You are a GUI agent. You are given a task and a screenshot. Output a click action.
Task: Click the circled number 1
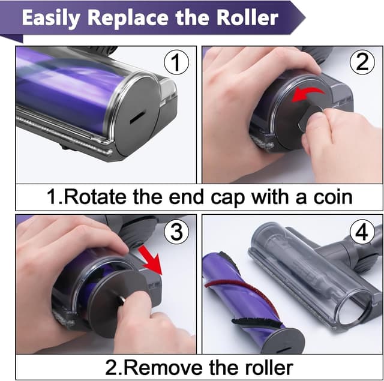point(176,62)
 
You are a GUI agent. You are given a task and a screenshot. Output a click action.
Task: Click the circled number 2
point(362,62)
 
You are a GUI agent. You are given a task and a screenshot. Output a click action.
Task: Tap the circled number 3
point(176,231)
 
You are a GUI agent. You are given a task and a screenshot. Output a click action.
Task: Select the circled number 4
point(362,232)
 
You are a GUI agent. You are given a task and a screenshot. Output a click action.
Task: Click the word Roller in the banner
point(247,17)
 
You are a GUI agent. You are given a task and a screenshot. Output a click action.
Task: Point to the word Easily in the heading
point(51,19)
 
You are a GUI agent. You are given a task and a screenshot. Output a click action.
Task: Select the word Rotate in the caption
point(96,197)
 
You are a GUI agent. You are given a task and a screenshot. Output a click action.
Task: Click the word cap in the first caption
point(227,199)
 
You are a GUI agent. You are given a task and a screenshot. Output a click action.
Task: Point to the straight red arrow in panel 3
point(150,260)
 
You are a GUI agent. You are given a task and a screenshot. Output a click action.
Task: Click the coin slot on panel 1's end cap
point(138,117)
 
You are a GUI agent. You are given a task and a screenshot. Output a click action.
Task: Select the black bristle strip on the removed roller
point(257,323)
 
